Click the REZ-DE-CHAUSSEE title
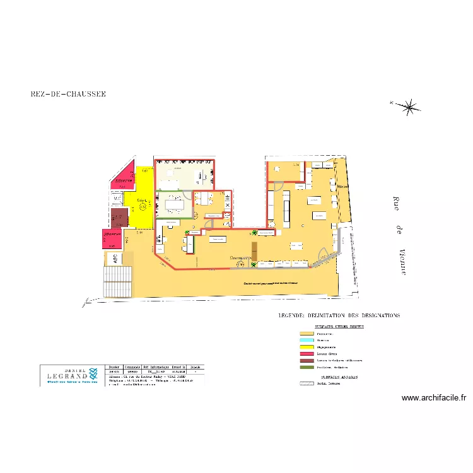coord(68,94)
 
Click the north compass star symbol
coord(409,107)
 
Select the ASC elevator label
coord(115,259)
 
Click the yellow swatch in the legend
coord(307,346)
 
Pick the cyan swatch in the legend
coord(307,340)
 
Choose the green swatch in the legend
coord(307,366)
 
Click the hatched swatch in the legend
coord(307,383)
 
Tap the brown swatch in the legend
coord(307,359)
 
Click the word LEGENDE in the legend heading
coord(293,315)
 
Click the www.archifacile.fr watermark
coord(433,398)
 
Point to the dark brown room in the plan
coord(119,218)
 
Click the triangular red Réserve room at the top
coord(125,177)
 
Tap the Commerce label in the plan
coord(240,258)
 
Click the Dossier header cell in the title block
coord(114,366)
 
